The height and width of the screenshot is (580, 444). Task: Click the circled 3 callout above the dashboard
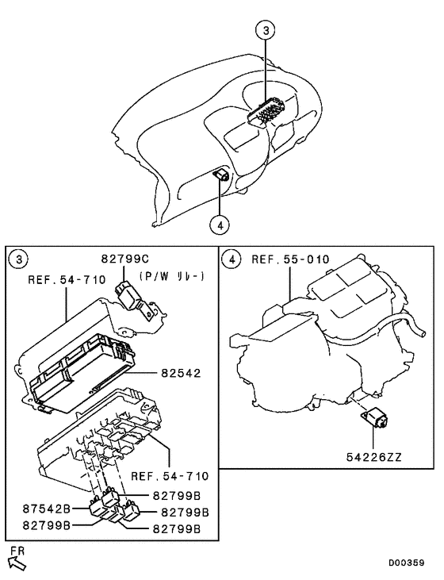click(267, 31)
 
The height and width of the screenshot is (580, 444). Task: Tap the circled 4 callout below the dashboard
click(220, 224)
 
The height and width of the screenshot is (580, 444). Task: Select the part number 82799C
click(124, 259)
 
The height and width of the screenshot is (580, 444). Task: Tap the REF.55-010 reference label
click(290, 259)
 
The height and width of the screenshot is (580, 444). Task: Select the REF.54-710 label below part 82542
click(170, 476)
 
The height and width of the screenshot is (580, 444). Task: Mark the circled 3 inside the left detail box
click(17, 259)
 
